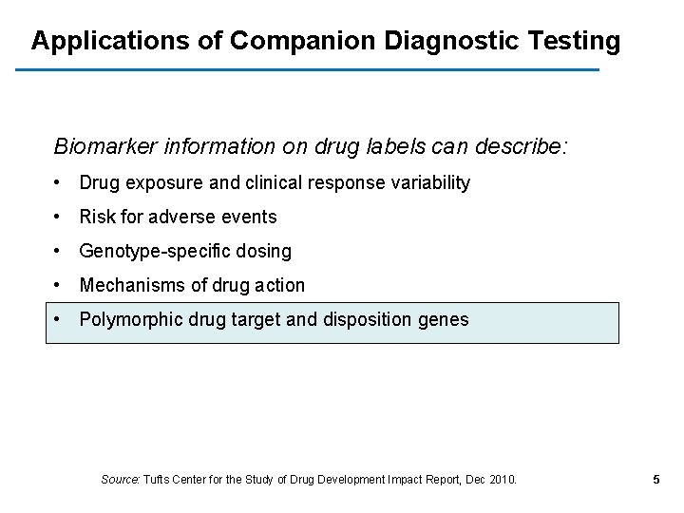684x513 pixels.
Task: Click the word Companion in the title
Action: click(x=303, y=42)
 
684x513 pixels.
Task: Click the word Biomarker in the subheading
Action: click(x=104, y=147)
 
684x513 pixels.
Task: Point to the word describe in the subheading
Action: click(x=525, y=147)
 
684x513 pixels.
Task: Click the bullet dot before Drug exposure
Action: click(x=59, y=182)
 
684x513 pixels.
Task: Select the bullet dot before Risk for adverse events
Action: click(x=59, y=217)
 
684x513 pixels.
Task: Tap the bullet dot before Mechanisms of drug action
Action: click(x=59, y=285)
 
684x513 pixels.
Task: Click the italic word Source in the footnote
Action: click(x=119, y=480)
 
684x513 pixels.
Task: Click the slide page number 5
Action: click(x=656, y=480)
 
